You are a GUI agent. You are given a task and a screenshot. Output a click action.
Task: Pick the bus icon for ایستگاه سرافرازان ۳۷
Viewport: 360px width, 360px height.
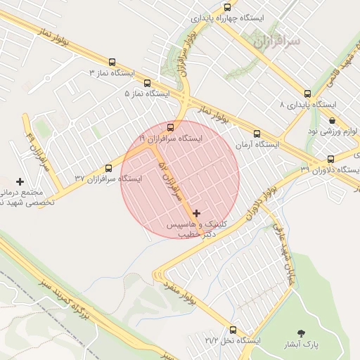click(x=108, y=168)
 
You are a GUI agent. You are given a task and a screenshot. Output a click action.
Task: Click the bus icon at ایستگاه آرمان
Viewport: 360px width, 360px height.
click(x=257, y=133)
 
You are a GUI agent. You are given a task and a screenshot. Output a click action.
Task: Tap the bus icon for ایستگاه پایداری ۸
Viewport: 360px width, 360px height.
click(x=307, y=94)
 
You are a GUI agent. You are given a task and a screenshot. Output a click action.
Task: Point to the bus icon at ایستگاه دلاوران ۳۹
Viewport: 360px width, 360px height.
click(x=330, y=159)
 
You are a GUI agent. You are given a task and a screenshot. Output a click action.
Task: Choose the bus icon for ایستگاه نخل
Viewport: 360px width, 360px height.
click(x=233, y=329)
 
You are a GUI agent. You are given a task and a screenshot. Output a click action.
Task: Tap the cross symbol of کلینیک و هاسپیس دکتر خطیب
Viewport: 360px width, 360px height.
click(x=195, y=212)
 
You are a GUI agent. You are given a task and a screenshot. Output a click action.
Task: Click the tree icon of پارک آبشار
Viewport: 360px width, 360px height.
click(x=302, y=333)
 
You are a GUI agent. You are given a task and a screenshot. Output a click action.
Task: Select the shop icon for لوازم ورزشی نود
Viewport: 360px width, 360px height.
click(x=331, y=120)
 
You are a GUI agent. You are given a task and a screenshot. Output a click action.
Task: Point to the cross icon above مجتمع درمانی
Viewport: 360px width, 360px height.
click(x=20, y=181)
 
